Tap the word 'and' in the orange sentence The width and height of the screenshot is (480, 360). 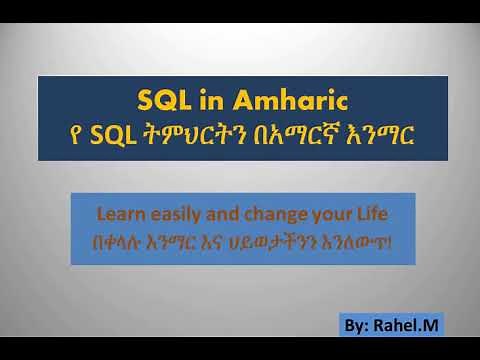[227, 213]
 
